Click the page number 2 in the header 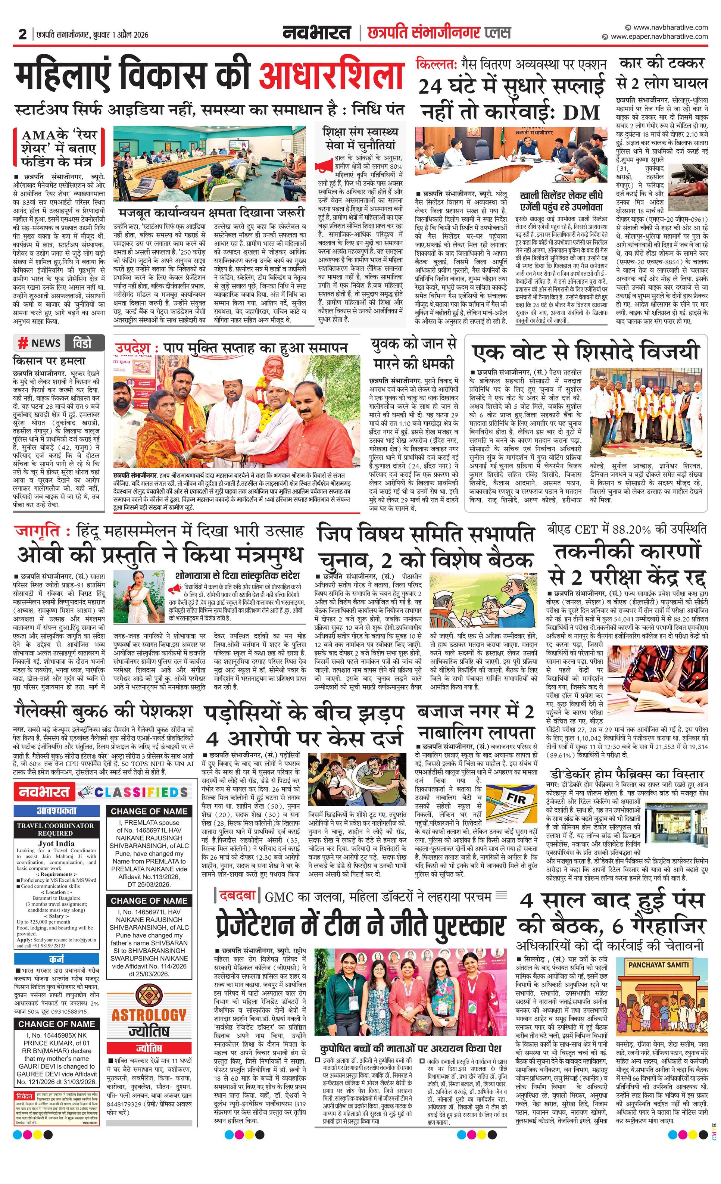(22, 34)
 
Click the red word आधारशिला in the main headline (331, 76)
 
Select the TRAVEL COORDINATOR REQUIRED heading (56, 829)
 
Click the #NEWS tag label (40, 343)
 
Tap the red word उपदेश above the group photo (132, 347)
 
